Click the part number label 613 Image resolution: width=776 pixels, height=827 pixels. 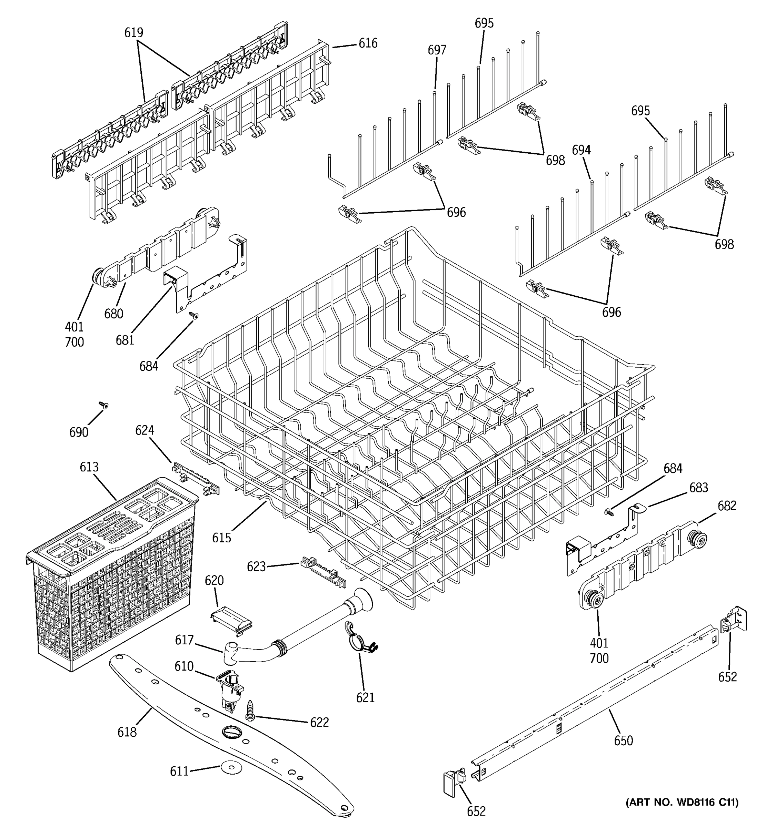coord(89,467)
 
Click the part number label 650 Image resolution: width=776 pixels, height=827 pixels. coord(623,741)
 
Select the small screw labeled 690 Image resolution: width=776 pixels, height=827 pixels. coord(103,405)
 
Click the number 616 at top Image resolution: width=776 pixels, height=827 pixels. coord(368,43)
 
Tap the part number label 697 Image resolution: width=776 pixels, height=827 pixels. coord(437,50)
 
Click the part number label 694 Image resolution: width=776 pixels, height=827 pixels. coord(581,150)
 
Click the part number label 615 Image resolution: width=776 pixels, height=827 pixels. coord(221,538)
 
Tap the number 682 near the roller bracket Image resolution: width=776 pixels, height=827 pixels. coord(727,506)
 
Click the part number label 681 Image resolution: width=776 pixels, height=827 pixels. coord(125,340)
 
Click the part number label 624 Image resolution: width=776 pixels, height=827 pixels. coord(145,430)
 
